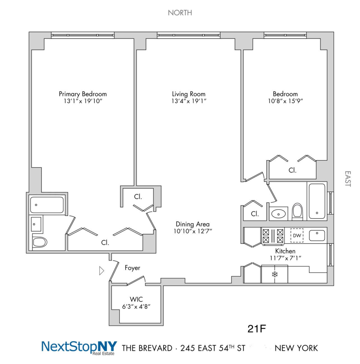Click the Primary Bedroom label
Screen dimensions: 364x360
pyautogui.click(x=83, y=94)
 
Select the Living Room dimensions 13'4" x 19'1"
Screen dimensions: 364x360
pyautogui.click(x=189, y=101)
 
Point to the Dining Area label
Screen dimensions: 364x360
pyautogui.click(x=192, y=224)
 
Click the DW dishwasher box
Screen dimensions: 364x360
pyautogui.click(x=297, y=236)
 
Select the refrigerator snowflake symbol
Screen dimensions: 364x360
pyautogui.click(x=274, y=274)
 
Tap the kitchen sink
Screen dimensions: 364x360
pyautogui.click(x=317, y=236)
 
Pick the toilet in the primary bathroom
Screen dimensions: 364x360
pyautogui.click(x=40, y=242)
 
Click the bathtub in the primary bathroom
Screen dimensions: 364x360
pyautogui.click(x=47, y=205)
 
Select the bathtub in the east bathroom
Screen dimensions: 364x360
pyautogui.click(x=316, y=201)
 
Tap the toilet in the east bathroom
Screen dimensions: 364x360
pyautogui.click(x=297, y=211)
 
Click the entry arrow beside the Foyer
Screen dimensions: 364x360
pyautogui.click(x=102, y=270)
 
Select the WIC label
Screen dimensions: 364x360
pyautogui.click(x=136, y=299)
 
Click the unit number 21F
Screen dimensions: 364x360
pyautogui.click(x=257, y=329)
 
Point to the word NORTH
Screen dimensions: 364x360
pyautogui.click(x=180, y=13)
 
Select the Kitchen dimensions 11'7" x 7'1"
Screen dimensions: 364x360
pyautogui.click(x=285, y=258)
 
